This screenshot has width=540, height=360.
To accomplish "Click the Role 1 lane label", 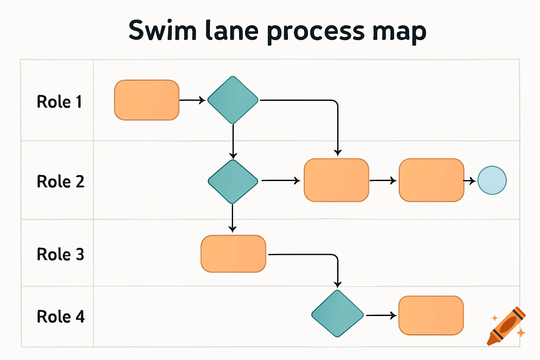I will tap(59, 102).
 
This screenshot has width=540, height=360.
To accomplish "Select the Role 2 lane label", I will tap(60, 182).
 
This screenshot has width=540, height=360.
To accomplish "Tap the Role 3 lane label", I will tap(60, 254).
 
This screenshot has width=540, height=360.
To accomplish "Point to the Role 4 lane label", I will tap(60, 316).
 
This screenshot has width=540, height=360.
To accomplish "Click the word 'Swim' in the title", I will tap(162, 31).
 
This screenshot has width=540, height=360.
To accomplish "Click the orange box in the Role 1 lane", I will tap(147, 100).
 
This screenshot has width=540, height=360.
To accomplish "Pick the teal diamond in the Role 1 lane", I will tap(233, 100).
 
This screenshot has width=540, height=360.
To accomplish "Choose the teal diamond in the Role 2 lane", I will tap(233, 181).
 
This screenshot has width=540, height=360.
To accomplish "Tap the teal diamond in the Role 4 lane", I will tap(337, 314).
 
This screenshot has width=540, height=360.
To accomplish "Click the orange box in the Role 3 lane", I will tap(233, 254).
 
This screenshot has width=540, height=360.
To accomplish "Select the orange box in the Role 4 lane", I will tap(431, 315).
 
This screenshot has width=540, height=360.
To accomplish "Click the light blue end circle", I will tap(492, 180).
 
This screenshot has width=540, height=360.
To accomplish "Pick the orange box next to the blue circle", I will tap(431, 180).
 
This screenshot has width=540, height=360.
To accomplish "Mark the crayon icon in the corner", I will tap(506, 326).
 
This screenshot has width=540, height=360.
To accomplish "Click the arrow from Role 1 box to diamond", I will tap(192, 100).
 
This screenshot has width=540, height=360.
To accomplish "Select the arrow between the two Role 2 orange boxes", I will tap(383, 180).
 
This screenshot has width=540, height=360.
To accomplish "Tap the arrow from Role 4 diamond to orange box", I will tap(381, 316).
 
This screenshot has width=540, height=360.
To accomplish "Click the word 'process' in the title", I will tap(316, 32).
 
